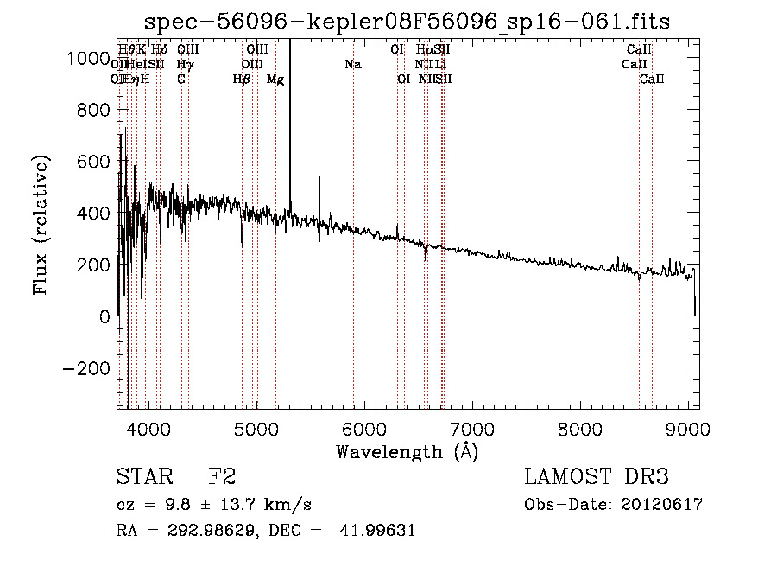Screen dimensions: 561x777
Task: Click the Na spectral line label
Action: pyautogui.click(x=352, y=64)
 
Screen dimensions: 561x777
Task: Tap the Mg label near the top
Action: pyautogui.click(x=275, y=80)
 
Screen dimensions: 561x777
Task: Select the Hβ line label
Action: pyautogui.click(x=242, y=80)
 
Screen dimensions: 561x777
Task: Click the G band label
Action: pyautogui.click(x=181, y=80)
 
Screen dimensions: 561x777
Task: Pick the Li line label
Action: pyautogui.click(x=441, y=64)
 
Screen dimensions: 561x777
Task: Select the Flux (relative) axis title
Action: pyautogui.click(x=41, y=225)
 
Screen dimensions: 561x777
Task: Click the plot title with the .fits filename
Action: pyautogui.click(x=407, y=21)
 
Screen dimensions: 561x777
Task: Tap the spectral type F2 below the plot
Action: pyautogui.click(x=222, y=478)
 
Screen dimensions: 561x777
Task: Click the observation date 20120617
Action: pyautogui.click(x=661, y=505)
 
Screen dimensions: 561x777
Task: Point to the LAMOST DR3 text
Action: pyautogui.click(x=596, y=478)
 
